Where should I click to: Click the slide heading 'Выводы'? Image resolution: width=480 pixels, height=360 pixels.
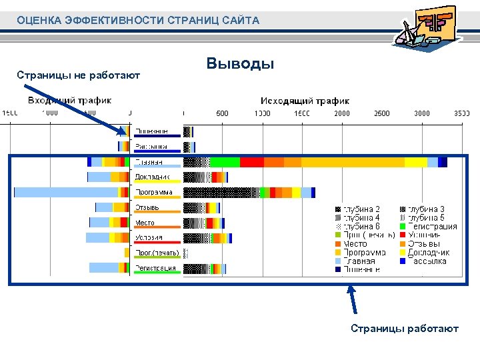(x=241, y=64)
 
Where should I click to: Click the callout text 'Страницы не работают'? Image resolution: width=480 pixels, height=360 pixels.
(x=78, y=75)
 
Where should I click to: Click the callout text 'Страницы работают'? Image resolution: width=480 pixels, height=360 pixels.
(x=405, y=329)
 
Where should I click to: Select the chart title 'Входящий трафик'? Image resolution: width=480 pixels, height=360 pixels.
(x=69, y=101)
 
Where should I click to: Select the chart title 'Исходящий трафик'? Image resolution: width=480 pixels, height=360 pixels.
(x=305, y=101)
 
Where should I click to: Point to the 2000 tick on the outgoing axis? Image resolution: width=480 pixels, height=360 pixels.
(x=342, y=113)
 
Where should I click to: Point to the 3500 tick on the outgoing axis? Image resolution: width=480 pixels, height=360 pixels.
(x=462, y=113)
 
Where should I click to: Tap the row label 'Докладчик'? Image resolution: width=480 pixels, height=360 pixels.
(x=152, y=177)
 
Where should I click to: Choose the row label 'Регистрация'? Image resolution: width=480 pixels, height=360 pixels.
(x=155, y=268)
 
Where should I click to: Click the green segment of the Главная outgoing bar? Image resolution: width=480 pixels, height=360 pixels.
(x=225, y=162)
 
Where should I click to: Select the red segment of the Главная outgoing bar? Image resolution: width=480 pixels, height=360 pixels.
(x=252, y=162)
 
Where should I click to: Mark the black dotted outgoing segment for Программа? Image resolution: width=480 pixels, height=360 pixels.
(x=221, y=192)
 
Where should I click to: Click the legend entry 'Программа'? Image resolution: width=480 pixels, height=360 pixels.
(x=364, y=253)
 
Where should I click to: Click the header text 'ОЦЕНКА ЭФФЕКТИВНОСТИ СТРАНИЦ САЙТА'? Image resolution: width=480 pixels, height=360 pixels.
(x=138, y=21)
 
